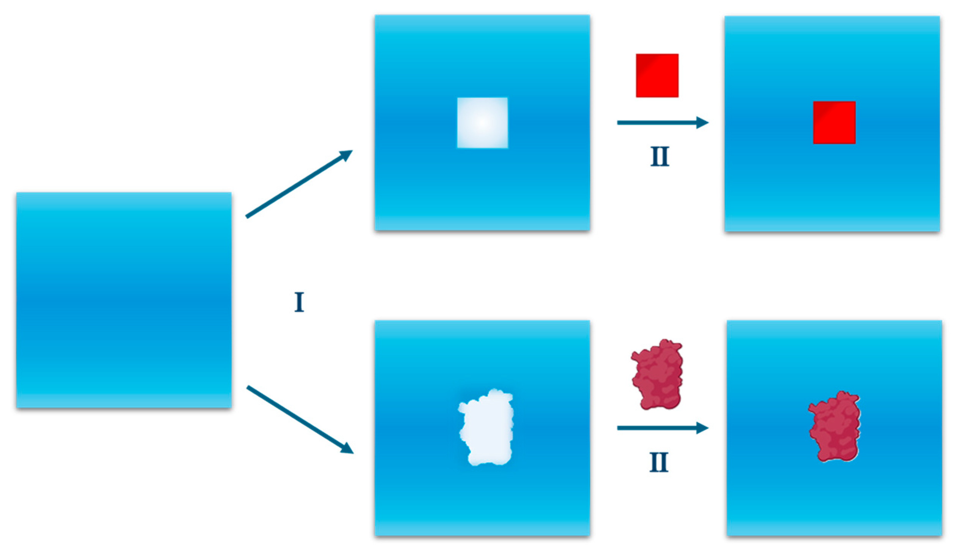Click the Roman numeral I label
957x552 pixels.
point(299,302)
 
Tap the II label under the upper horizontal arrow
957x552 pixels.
point(660,156)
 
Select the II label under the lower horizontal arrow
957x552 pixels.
point(659,462)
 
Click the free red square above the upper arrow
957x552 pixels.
point(657,75)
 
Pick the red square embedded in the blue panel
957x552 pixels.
point(834,123)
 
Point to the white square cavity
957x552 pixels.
point(482,123)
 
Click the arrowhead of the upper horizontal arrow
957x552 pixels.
point(702,123)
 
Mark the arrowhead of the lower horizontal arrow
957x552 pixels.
point(702,428)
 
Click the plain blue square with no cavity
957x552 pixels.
point(124,300)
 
